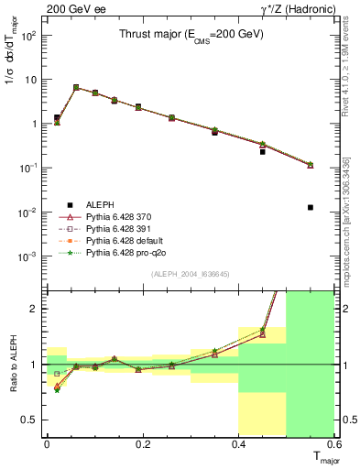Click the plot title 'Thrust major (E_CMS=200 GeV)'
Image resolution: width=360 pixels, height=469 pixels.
click(191, 34)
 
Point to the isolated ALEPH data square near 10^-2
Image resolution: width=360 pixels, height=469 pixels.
click(311, 208)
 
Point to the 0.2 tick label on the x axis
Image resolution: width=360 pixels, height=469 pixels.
click(142, 443)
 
